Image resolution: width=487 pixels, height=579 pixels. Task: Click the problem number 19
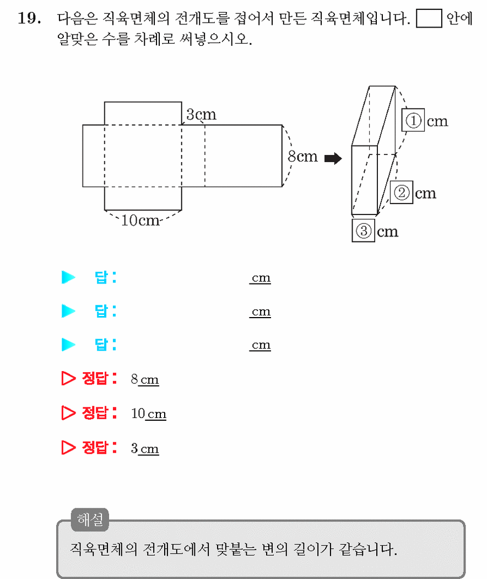[x=30, y=18]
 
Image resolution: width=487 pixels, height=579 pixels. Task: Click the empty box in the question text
[x=429, y=18]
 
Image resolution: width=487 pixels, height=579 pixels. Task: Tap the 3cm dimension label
[x=201, y=114]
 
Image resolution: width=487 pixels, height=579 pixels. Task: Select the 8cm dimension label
[x=302, y=156]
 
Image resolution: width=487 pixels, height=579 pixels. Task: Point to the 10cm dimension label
[x=140, y=220]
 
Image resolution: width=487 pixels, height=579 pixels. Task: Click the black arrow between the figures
[x=333, y=158]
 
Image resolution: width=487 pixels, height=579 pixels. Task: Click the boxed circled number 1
[x=413, y=120]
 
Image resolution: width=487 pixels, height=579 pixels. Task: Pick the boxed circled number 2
[x=402, y=192]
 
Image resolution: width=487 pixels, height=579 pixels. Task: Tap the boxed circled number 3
[x=364, y=230]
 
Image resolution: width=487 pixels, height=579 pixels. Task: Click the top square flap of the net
[x=143, y=114]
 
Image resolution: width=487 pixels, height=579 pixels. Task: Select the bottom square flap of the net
[x=143, y=199]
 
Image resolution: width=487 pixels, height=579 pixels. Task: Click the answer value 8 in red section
[x=134, y=379]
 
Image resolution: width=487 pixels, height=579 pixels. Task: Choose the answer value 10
[x=138, y=413]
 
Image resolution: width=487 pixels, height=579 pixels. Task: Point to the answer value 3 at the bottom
[x=134, y=448]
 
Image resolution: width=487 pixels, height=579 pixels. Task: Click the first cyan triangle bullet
[x=68, y=277]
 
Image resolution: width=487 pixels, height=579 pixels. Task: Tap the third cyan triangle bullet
[x=68, y=345]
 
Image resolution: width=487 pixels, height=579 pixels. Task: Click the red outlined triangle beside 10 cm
[x=68, y=413]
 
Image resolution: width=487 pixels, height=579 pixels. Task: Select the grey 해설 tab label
[x=90, y=519]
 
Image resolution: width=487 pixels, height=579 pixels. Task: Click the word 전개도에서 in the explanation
[x=180, y=549]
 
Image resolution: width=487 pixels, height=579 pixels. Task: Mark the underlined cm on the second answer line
[x=261, y=312]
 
